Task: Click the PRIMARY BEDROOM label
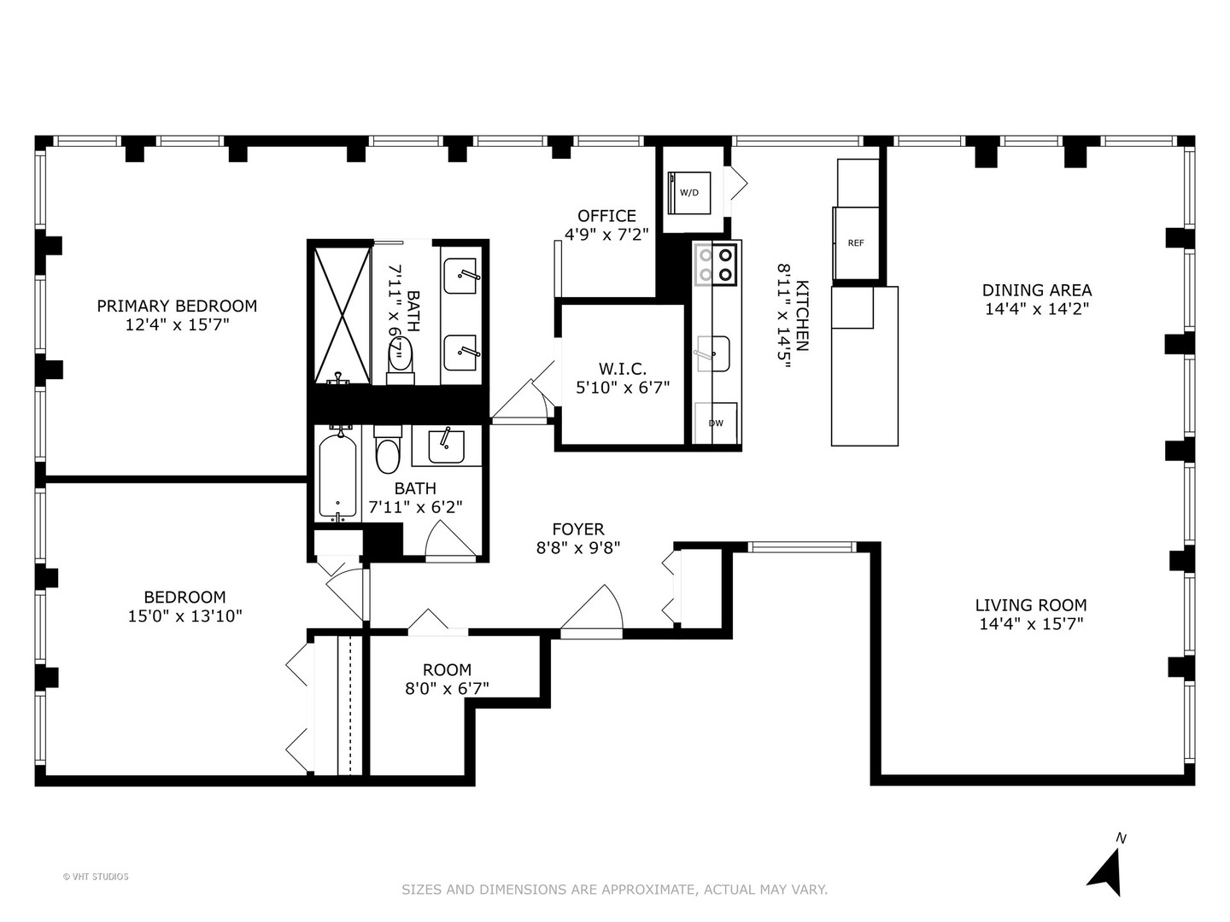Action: click(x=177, y=306)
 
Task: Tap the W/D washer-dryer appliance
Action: click(x=688, y=192)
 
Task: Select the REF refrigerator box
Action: click(x=856, y=243)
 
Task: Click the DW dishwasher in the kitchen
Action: click(x=716, y=423)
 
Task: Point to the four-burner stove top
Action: click(x=716, y=264)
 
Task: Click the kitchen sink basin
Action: click(x=712, y=353)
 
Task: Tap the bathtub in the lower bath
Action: click(x=338, y=476)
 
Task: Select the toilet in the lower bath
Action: click(x=387, y=453)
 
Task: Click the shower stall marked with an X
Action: click(x=340, y=314)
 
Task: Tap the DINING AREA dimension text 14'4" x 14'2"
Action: click(x=1036, y=309)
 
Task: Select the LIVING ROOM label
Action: click(x=1031, y=605)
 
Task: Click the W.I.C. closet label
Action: click(x=623, y=369)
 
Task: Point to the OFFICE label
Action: click(x=606, y=216)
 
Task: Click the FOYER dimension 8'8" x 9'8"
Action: click(x=577, y=548)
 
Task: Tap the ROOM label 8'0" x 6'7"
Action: click(x=447, y=670)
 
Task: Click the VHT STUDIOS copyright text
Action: click(x=96, y=877)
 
